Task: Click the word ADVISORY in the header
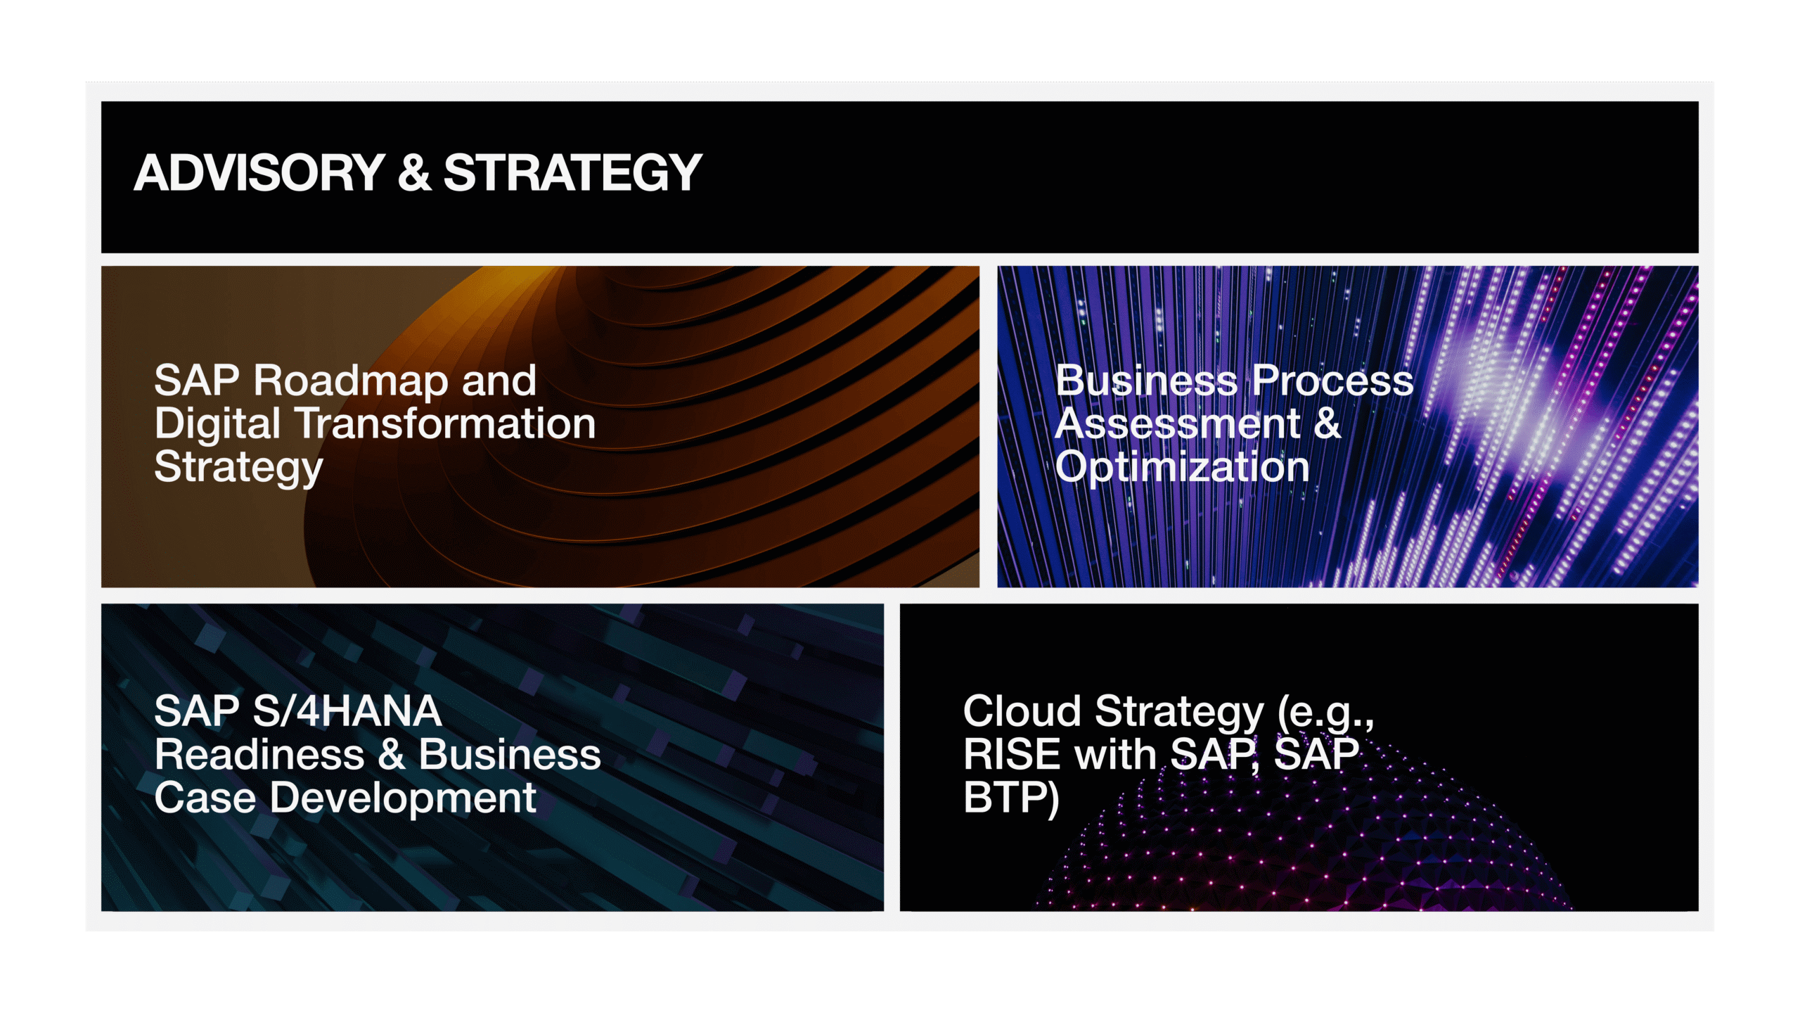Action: pyautogui.click(x=259, y=173)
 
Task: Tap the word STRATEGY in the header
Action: pyautogui.click(x=573, y=173)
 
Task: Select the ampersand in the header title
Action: pyautogui.click(x=414, y=173)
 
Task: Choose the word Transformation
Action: pyautogui.click(x=447, y=424)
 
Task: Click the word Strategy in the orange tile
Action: pyautogui.click(x=239, y=468)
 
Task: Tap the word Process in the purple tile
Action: pyautogui.click(x=1332, y=381)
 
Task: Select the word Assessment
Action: pyautogui.click(x=1178, y=424)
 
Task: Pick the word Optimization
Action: pyautogui.click(x=1183, y=468)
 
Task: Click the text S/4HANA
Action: pyautogui.click(x=347, y=711)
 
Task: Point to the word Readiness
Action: pyautogui.click(x=259, y=755)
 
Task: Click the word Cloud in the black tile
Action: pyautogui.click(x=1022, y=711)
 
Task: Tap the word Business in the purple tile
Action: pyautogui.click(x=1146, y=381)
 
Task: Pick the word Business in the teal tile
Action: pyautogui.click(x=510, y=755)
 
